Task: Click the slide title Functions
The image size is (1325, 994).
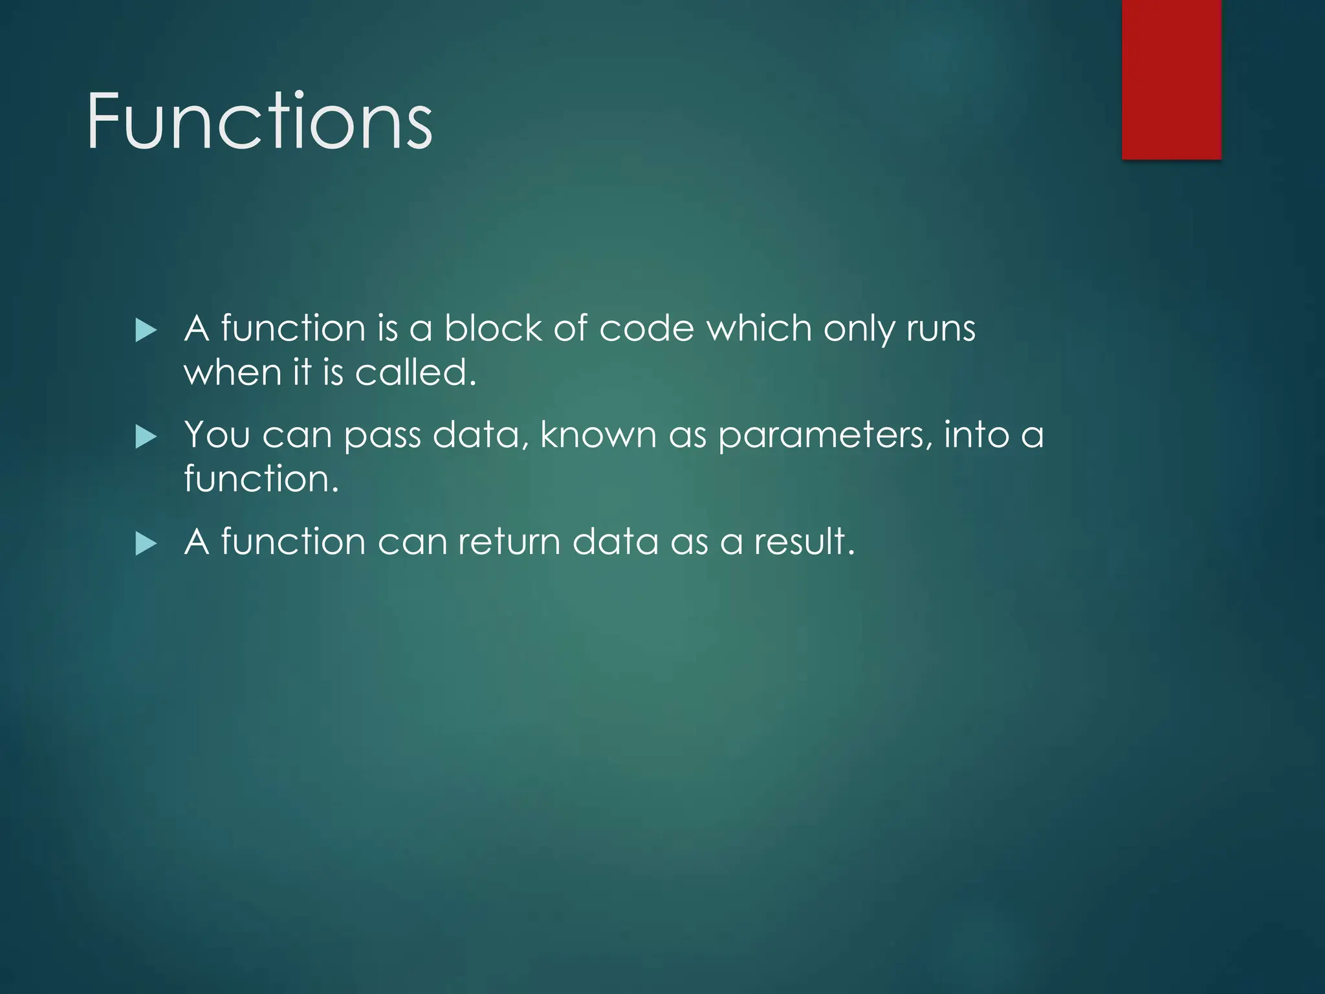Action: click(x=259, y=122)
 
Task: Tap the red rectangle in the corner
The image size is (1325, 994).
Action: click(x=1171, y=79)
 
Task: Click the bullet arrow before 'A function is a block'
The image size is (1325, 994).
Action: click(x=146, y=331)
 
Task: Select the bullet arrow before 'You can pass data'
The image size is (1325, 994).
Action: click(x=146, y=437)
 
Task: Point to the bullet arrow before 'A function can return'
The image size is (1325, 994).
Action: click(x=146, y=544)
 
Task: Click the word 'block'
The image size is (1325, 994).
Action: click(x=492, y=328)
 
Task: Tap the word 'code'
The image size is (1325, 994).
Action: click(x=646, y=328)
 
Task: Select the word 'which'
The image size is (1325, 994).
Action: click(x=759, y=328)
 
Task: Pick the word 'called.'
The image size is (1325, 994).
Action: click(x=416, y=372)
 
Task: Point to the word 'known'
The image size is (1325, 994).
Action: click(x=598, y=434)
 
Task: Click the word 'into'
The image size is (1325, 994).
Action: click(x=976, y=434)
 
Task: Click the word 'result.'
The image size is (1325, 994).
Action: click(x=804, y=541)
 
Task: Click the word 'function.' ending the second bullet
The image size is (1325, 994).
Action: click(x=261, y=478)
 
